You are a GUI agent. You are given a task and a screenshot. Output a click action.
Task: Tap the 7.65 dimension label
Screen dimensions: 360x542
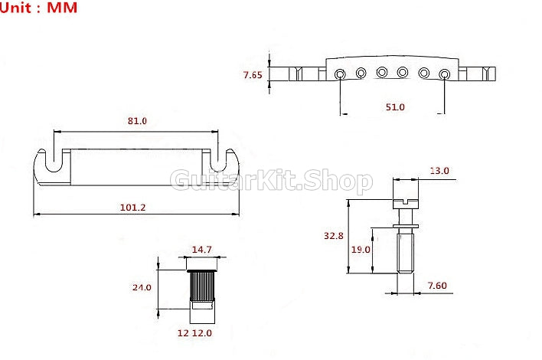tap(253, 75)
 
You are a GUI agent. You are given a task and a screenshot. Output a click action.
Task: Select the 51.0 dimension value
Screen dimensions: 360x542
tap(394, 107)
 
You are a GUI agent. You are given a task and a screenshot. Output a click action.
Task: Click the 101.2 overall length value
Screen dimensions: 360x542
tap(134, 207)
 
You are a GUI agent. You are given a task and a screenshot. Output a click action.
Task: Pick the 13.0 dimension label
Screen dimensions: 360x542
tap(439, 171)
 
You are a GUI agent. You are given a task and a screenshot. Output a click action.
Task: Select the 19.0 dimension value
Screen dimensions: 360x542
tap(361, 249)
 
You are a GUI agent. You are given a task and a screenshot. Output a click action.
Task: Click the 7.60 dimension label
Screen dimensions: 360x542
tap(437, 286)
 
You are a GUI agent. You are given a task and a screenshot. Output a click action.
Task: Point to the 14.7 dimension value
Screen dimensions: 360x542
tap(201, 250)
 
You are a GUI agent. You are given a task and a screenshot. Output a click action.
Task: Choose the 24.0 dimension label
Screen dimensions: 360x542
tap(142, 287)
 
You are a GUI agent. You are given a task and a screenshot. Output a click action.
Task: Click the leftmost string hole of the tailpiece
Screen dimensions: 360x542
tap(340, 74)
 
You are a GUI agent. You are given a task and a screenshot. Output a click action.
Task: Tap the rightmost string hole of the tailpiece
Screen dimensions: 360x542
tap(445, 74)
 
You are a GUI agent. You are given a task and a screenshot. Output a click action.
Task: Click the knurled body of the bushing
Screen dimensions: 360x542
tap(201, 287)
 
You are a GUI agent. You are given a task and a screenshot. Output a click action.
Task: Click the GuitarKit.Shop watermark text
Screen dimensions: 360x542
tap(271, 182)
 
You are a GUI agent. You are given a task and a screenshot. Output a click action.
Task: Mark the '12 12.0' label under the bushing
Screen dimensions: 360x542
tap(195, 333)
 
